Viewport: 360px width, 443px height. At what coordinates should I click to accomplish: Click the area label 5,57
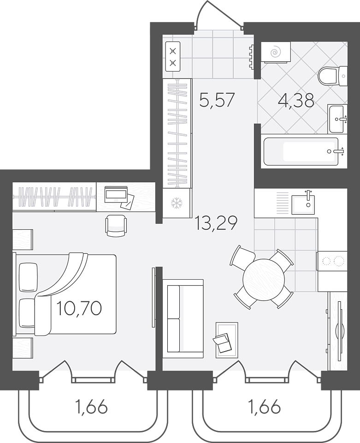[217, 100]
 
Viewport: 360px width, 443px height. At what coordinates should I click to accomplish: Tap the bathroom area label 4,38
[296, 100]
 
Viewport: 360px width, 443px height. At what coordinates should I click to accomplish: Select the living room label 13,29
[216, 223]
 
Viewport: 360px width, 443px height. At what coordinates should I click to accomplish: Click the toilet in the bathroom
[332, 76]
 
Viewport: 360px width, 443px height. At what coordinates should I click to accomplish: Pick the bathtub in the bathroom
[301, 151]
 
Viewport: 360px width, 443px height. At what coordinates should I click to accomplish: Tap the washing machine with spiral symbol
[276, 52]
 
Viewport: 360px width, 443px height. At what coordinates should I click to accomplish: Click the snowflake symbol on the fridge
[177, 204]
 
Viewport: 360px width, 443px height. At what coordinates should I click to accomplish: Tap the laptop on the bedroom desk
[116, 194]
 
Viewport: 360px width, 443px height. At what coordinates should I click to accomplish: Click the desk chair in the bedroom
[116, 226]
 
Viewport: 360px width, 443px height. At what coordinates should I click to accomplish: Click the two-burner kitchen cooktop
[332, 261]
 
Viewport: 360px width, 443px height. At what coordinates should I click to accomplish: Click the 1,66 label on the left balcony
[91, 407]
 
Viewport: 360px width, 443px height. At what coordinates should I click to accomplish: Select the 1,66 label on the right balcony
[264, 407]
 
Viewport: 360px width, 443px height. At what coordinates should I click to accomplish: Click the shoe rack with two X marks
[173, 56]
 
